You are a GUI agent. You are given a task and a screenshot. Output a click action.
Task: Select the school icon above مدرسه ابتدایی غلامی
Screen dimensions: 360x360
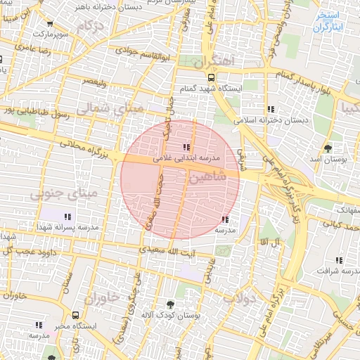186,147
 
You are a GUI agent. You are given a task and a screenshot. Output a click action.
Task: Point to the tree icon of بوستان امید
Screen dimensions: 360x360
328,148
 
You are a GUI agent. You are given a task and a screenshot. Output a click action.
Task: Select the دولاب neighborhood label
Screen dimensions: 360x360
238,299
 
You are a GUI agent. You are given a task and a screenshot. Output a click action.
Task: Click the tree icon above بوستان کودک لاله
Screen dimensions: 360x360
171,304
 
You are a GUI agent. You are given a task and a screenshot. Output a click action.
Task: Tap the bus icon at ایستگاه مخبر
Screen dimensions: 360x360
75,315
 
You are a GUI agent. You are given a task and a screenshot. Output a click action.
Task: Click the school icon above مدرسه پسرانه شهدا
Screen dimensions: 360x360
67,217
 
